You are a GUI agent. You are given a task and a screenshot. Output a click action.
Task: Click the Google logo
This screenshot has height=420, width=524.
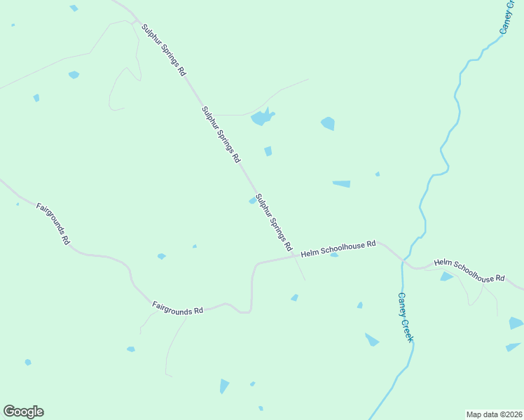click(x=23, y=412)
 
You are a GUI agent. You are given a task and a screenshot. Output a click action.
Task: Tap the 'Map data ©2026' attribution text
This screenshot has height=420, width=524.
click(x=493, y=414)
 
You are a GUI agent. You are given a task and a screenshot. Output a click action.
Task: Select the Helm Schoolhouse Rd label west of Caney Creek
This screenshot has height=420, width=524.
click(x=338, y=248)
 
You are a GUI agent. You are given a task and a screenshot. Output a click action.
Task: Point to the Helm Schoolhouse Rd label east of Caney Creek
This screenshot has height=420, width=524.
click(x=469, y=271)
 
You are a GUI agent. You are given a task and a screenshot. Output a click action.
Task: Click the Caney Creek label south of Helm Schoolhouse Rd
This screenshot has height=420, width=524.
click(x=406, y=317)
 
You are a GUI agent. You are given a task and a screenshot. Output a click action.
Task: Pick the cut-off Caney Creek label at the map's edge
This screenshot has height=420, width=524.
click(x=506, y=17)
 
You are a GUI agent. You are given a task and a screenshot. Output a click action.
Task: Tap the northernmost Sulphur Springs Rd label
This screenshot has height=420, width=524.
click(x=164, y=50)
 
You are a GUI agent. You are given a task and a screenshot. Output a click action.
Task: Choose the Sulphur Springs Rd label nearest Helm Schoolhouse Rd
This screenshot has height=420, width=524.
click(x=274, y=223)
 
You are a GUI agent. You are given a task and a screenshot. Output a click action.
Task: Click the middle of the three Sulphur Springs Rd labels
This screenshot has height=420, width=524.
click(x=221, y=134)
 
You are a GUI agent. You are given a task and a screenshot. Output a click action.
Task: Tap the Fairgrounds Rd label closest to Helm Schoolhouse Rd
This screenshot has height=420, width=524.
click(x=177, y=307)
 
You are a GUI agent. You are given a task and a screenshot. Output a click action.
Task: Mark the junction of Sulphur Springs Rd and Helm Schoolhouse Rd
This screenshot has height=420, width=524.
click(x=295, y=257)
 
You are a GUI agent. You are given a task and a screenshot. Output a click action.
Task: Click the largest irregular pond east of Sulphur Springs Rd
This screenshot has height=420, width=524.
click(x=262, y=117)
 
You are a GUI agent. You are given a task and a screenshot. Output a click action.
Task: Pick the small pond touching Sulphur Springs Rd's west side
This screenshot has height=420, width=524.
click(x=252, y=201)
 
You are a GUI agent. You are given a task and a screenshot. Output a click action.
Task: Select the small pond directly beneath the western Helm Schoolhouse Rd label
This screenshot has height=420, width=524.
click(x=334, y=255)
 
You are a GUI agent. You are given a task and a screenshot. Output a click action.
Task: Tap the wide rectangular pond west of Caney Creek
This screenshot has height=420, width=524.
click(x=341, y=184)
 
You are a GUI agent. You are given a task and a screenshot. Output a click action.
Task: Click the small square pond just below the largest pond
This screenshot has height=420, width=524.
click(x=268, y=151)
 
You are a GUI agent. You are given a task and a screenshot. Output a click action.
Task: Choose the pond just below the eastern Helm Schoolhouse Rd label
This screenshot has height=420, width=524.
click(x=446, y=276)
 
